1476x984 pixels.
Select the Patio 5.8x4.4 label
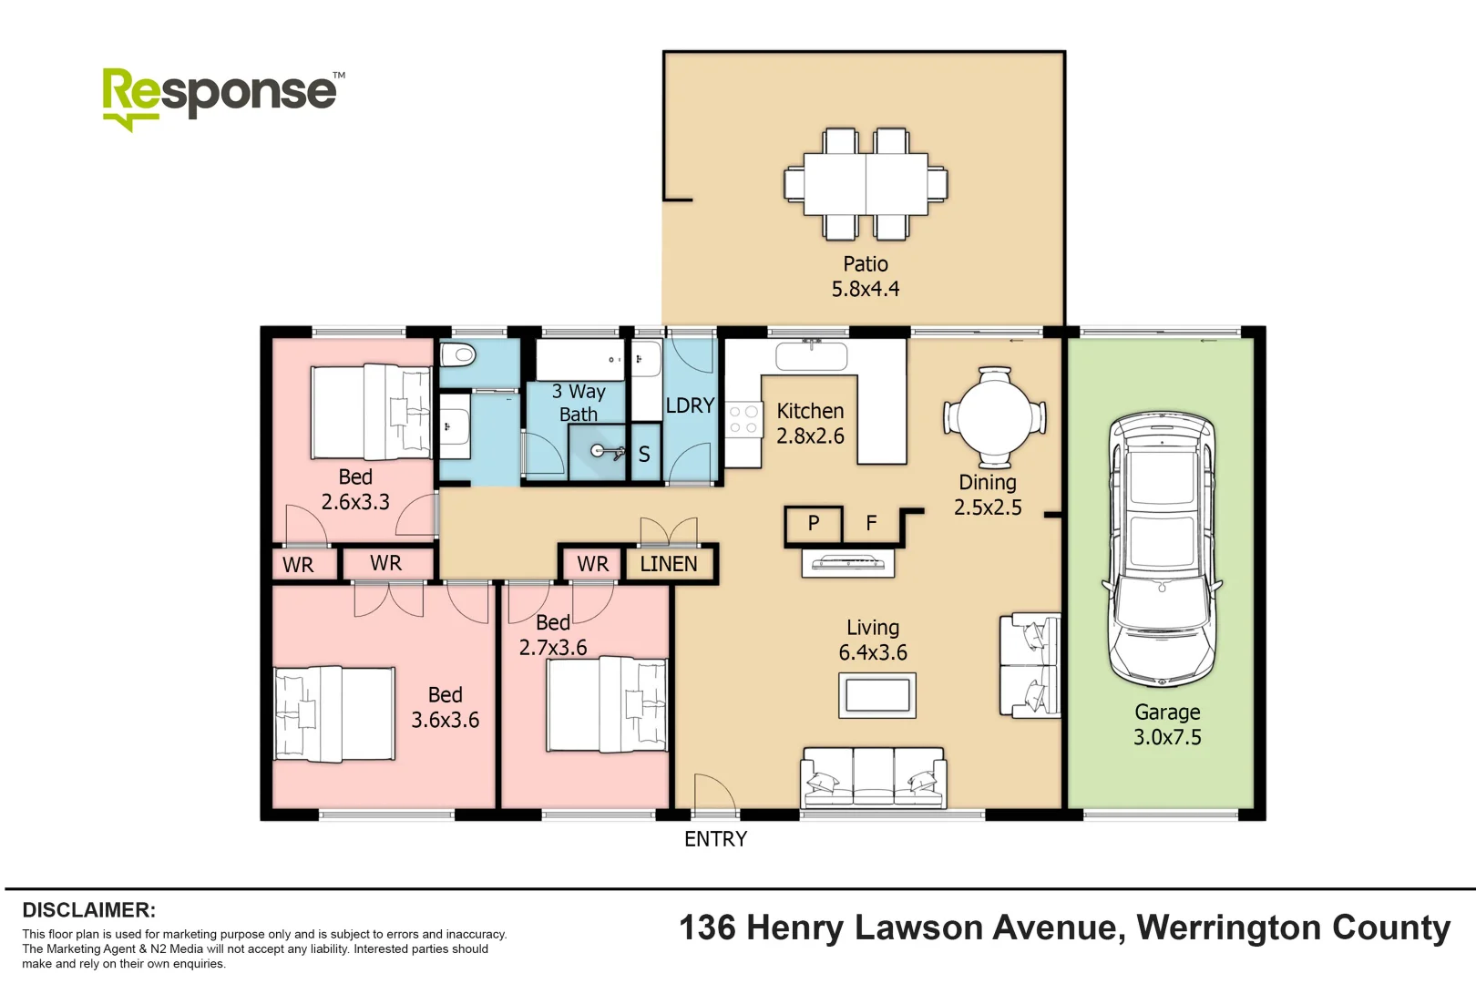[865, 276]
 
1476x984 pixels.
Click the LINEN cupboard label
[668, 564]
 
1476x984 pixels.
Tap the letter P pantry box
[814, 523]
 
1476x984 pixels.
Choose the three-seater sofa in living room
[873, 778]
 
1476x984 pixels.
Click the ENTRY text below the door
[715, 839]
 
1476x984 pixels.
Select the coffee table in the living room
[876, 696]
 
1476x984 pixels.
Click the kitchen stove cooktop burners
[743, 420]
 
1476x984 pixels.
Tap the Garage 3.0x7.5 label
[1167, 725]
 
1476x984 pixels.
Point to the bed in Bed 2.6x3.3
[370, 412]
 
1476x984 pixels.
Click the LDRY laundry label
[690, 405]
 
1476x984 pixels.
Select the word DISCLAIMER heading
[88, 910]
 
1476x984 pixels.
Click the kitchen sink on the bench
[811, 355]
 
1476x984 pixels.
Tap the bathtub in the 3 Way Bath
[579, 360]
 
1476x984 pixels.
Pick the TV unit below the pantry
[847, 563]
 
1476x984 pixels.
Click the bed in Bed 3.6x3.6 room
[334, 713]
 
